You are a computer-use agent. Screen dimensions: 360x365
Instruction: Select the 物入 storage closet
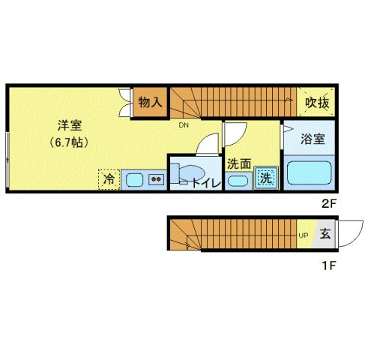150,101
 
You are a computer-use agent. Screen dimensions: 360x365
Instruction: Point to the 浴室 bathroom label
312,139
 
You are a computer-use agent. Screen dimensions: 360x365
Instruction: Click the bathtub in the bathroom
308,174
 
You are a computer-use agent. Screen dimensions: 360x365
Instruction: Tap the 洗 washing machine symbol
265,178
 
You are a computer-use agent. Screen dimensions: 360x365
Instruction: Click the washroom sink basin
238,180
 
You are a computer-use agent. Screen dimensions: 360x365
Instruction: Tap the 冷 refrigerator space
109,179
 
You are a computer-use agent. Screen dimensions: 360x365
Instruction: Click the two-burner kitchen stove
157,179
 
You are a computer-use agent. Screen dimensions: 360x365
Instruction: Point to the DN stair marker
184,125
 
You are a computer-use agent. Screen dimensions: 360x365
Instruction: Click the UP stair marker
304,235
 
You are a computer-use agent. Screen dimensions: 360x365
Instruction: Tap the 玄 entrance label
326,234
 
